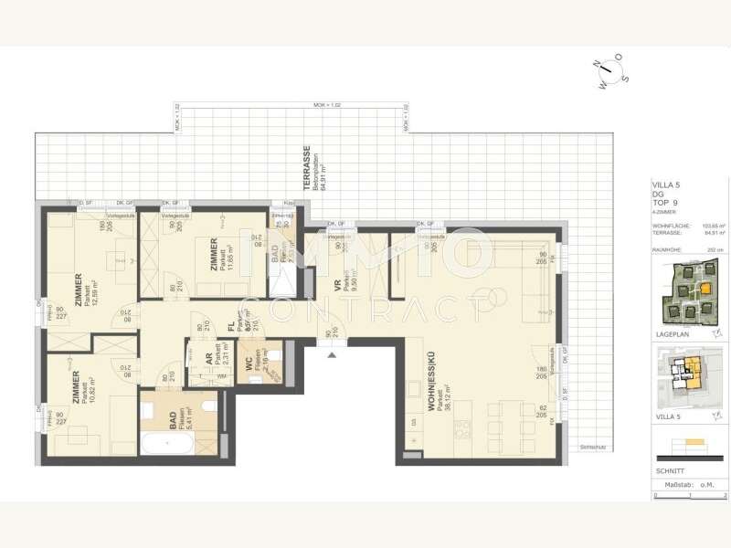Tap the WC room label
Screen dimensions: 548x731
[249, 364]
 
